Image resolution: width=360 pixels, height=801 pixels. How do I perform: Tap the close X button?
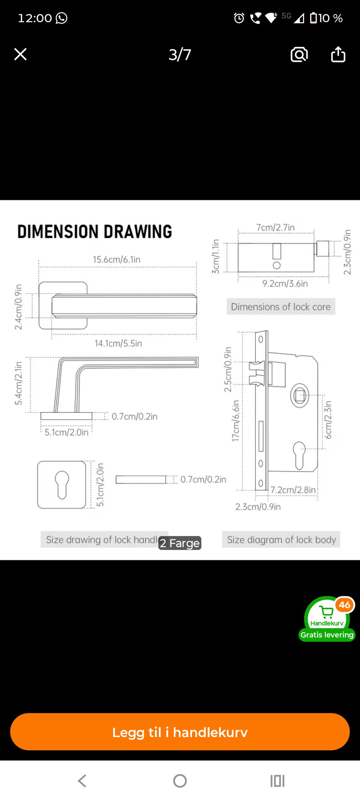[x=20, y=54]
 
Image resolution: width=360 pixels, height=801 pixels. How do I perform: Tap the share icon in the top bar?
[x=338, y=54]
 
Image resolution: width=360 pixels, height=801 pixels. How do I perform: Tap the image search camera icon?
[x=299, y=55]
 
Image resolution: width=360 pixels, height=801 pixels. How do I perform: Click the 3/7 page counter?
[x=180, y=55]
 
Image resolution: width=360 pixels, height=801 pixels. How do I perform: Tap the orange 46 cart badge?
[x=345, y=604]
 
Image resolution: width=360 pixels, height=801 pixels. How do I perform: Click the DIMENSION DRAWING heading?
[x=94, y=231]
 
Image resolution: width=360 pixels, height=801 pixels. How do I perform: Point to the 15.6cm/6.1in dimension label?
[x=117, y=259]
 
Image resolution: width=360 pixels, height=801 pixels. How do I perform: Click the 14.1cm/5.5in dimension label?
[x=118, y=343]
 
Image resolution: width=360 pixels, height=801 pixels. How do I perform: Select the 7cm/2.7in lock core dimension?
[x=275, y=227]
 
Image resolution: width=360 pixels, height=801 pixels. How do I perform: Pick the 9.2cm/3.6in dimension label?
[x=285, y=283]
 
